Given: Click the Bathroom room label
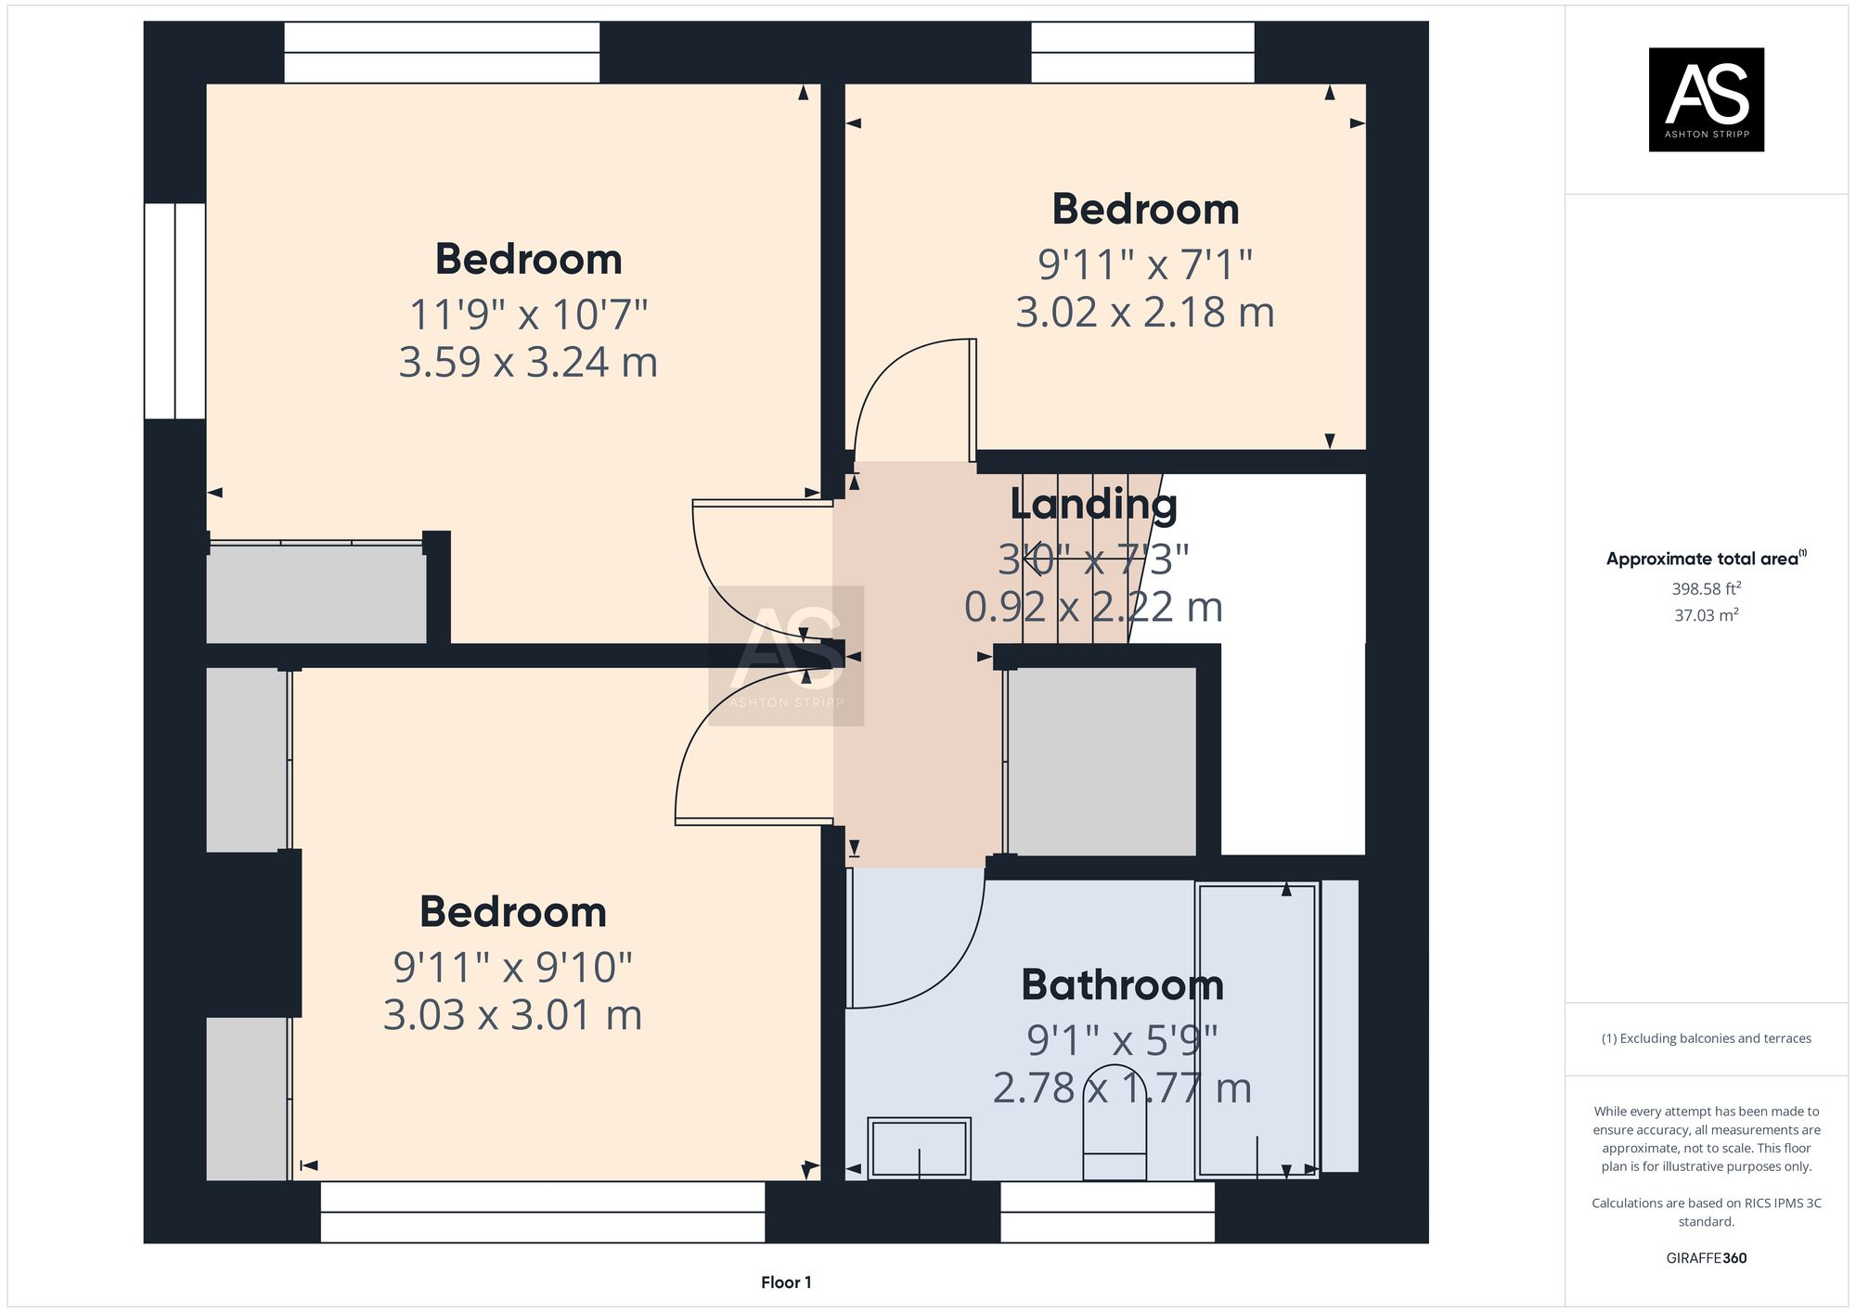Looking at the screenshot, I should coord(1122,985).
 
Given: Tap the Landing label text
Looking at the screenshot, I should coord(1093,505).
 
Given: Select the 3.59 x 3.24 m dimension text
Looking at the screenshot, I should coord(528,362).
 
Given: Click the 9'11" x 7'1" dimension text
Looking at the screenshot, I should coord(1145,265).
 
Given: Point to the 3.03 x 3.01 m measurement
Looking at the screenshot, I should coord(512,1015).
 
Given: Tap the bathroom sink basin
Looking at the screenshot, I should coord(919,1148).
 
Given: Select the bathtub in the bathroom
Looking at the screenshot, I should coord(1257,1030).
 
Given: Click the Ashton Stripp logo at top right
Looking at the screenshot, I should coord(1706,99).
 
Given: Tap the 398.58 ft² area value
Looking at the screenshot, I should coord(1706,588).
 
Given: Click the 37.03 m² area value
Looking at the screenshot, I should coord(1706,615).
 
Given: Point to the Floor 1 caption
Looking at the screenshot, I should coord(786,1282).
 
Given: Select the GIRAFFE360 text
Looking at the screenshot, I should coord(1706,1258).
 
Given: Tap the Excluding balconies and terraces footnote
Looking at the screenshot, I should coord(1706,1038).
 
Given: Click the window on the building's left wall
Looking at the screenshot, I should coord(174,311).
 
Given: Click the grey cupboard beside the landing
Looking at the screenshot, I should coord(1101,762).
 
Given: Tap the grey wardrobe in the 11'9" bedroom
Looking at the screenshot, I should coord(316,595).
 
